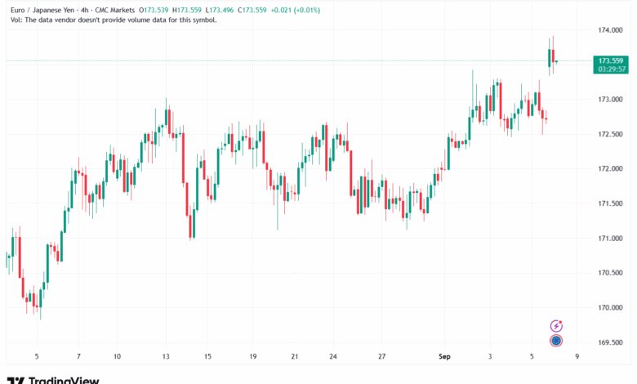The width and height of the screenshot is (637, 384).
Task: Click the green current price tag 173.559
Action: [611, 60]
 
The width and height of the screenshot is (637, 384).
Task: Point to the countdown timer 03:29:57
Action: [611, 69]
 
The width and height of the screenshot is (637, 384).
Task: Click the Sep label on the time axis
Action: [445, 357]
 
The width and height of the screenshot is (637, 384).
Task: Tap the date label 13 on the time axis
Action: [166, 357]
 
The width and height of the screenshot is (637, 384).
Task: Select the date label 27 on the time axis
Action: [381, 357]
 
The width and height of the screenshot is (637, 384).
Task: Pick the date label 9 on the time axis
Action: [577, 357]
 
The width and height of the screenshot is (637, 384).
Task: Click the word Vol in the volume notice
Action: [11, 20]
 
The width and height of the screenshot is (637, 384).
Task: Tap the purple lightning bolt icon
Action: [556, 325]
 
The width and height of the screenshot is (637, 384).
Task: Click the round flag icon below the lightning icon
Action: [556, 340]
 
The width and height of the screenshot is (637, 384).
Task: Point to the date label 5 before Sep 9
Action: [531, 357]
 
